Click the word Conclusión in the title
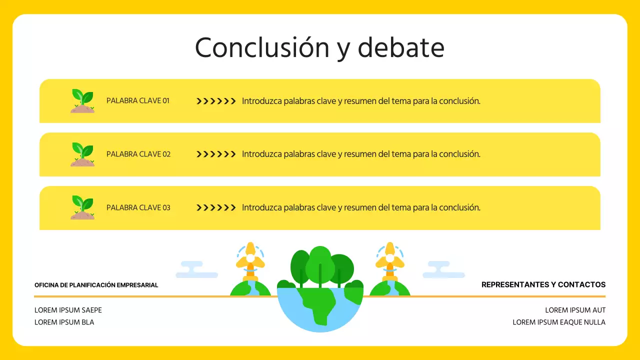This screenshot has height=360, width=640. [262, 48]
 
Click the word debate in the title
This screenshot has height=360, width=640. [401, 48]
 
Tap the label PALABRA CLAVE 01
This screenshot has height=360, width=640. [138, 100]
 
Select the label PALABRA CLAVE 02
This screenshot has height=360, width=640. [138, 154]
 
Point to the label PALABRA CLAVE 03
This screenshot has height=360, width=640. [138, 207]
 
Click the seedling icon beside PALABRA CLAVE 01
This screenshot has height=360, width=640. [82, 100]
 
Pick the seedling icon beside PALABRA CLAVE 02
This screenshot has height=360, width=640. [82, 154]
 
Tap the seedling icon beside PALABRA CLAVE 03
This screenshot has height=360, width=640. [82, 207]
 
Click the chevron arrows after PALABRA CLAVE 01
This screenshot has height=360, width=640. [216, 101]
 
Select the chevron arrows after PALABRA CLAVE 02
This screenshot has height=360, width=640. [216, 154]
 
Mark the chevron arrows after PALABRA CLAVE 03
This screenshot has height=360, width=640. [216, 208]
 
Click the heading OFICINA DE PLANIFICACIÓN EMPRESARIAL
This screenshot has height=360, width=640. [96, 285]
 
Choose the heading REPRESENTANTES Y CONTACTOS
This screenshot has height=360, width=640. [543, 284]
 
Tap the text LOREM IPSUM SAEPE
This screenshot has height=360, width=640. [68, 310]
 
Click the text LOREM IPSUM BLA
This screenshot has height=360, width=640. [64, 322]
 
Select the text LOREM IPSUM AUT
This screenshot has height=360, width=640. [575, 310]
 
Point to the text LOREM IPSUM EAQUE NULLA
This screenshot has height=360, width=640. [559, 322]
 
